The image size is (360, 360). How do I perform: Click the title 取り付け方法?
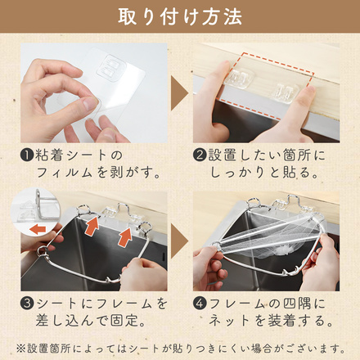[x=180, y=17]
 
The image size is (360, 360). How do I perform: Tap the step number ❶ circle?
[x=27, y=155]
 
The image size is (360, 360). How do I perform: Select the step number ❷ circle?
[x=200, y=155]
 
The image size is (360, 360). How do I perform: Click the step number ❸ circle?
[x=27, y=304]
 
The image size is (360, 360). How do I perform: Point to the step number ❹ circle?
[x=200, y=304]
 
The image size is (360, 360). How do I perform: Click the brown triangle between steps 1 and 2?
[x=179, y=93]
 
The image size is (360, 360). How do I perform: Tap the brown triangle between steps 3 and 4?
[x=179, y=241]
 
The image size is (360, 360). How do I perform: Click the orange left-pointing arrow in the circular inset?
[x=38, y=230]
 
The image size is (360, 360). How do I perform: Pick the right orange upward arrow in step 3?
[x=125, y=237]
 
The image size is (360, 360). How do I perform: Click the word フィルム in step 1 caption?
[x=64, y=173]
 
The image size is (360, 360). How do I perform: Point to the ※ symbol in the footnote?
[x=20, y=349]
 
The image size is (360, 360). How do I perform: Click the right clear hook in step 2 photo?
[x=285, y=92]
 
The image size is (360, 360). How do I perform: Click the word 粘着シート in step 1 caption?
[x=70, y=155]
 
